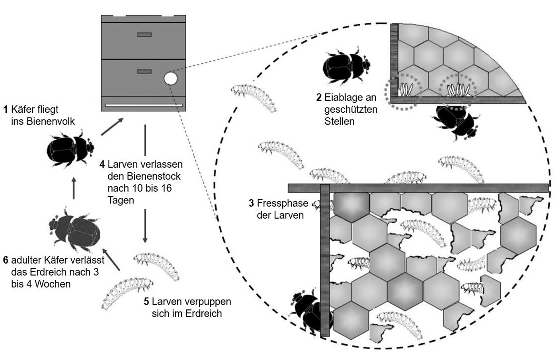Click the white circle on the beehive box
tap(170, 78)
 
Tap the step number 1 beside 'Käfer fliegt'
tap(5, 109)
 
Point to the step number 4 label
tap(102, 164)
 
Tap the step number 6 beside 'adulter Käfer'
tap(5, 260)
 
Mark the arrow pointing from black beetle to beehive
tap(112, 127)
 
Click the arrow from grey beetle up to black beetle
tap(74, 188)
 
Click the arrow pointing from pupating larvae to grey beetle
tap(111, 261)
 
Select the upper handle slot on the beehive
tap(144, 35)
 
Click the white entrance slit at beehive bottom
tap(144, 106)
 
